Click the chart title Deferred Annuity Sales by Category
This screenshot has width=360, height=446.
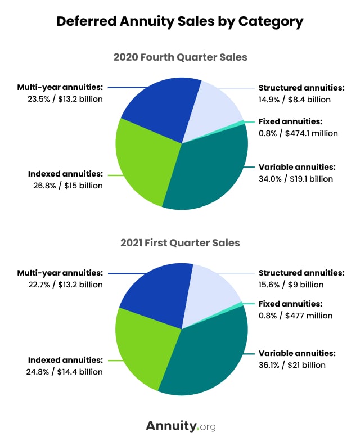click(180, 22)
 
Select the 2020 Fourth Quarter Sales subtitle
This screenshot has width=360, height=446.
click(180, 57)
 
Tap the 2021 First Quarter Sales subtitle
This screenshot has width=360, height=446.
click(180, 243)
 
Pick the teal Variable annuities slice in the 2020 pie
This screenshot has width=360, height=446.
click(208, 169)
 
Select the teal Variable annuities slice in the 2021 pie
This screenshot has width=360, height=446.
click(205, 354)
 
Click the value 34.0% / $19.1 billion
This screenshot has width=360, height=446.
click(295, 179)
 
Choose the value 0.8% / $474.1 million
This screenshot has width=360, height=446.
click(298, 133)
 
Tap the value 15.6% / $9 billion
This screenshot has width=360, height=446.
click(291, 285)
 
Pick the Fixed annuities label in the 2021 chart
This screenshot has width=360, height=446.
click(290, 304)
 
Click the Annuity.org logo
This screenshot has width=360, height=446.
click(180, 426)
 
